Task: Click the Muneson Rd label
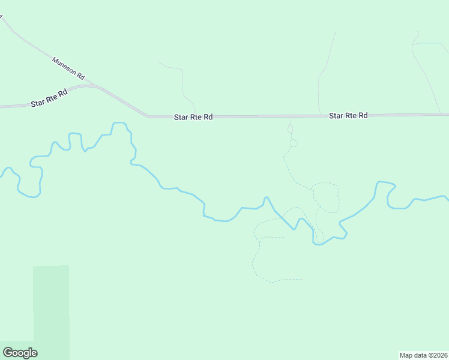click(x=69, y=70)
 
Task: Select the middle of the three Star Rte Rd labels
click(x=193, y=118)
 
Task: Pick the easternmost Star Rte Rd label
click(x=348, y=115)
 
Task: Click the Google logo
click(x=20, y=353)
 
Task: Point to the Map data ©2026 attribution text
click(x=424, y=355)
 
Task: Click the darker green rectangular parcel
click(x=51, y=312)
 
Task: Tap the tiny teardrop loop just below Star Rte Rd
click(x=291, y=128)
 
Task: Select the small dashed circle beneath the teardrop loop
click(x=294, y=143)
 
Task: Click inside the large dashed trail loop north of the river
click(x=326, y=197)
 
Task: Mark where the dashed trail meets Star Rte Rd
click(x=291, y=116)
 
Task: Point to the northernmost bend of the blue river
click(x=119, y=123)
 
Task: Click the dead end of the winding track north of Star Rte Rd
click(x=159, y=62)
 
